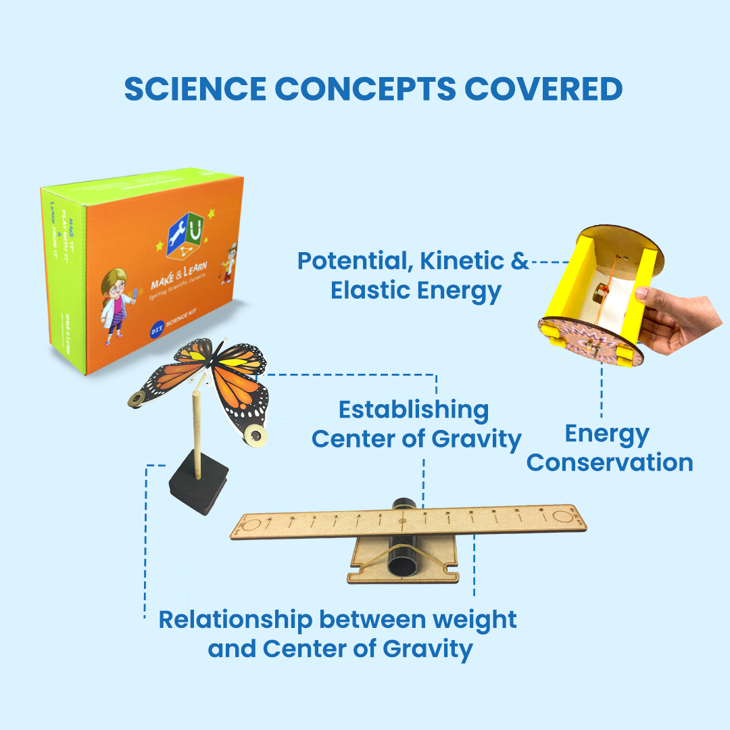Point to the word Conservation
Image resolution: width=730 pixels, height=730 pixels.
click(x=610, y=463)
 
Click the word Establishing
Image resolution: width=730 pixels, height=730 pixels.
click(x=414, y=410)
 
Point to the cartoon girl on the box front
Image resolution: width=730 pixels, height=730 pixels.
click(x=116, y=301)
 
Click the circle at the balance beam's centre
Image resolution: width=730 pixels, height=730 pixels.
click(x=403, y=522)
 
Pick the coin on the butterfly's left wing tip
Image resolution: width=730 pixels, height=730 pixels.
click(x=138, y=400)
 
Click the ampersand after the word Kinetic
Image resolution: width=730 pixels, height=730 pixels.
click(x=519, y=261)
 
